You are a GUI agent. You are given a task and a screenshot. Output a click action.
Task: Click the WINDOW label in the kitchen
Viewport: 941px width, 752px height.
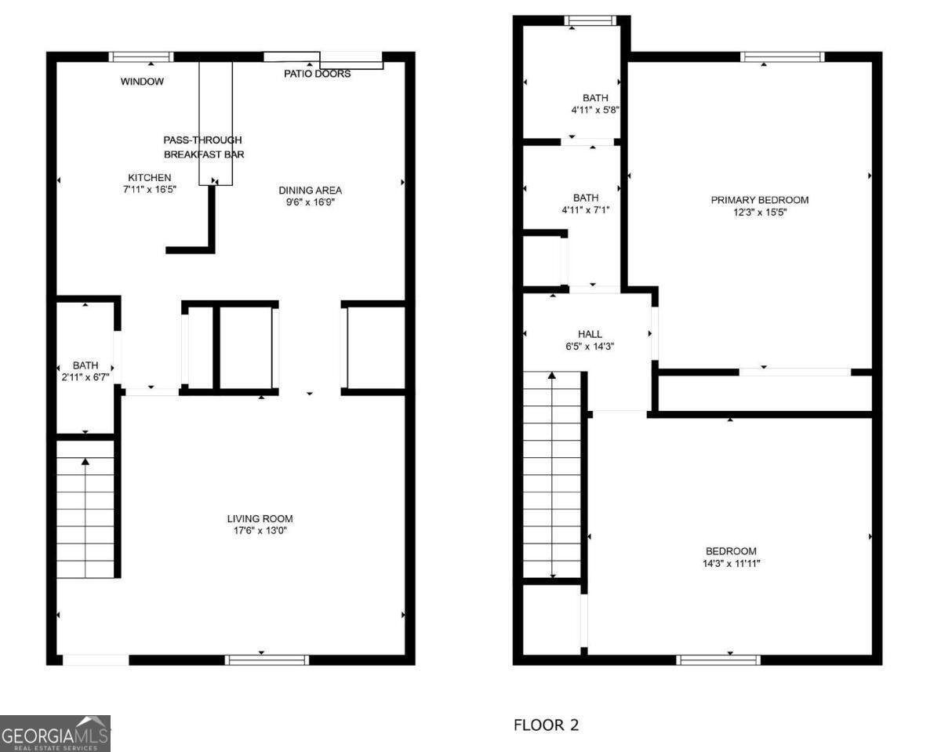tap(142, 82)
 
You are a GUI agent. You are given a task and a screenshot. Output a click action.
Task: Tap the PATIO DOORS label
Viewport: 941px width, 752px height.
tap(317, 74)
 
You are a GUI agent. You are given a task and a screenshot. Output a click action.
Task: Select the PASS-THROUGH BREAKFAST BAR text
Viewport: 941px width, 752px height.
tap(203, 147)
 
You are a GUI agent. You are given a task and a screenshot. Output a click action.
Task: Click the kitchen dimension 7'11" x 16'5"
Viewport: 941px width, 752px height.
tap(149, 189)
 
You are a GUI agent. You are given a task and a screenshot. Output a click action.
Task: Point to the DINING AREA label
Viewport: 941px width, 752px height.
tap(311, 190)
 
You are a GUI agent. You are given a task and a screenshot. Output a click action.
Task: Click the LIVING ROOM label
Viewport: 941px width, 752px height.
tap(260, 518)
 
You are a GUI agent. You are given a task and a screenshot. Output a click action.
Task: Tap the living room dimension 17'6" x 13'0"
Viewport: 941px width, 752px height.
tap(260, 531)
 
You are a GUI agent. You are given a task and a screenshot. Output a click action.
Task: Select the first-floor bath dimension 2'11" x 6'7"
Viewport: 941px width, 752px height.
tap(85, 377)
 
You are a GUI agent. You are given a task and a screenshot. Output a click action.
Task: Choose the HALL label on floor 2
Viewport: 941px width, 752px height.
tap(590, 334)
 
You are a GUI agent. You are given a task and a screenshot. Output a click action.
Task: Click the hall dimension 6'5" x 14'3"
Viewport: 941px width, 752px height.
tap(590, 346)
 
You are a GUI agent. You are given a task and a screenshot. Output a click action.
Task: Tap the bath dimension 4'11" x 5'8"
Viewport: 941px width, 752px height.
tap(595, 110)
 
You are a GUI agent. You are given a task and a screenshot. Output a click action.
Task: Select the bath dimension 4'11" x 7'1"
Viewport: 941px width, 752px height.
tap(585, 209)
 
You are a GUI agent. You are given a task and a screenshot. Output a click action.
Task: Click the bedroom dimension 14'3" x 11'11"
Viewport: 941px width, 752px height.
tap(730, 563)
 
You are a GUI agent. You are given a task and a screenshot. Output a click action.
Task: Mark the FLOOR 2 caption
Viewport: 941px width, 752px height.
tap(546, 725)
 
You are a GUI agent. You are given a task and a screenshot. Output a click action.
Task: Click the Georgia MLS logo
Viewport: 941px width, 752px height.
tap(56, 734)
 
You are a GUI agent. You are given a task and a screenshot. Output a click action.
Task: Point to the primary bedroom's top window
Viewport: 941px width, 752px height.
tap(782, 56)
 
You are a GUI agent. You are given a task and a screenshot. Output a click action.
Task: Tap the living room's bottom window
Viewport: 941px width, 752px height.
tap(267, 659)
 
